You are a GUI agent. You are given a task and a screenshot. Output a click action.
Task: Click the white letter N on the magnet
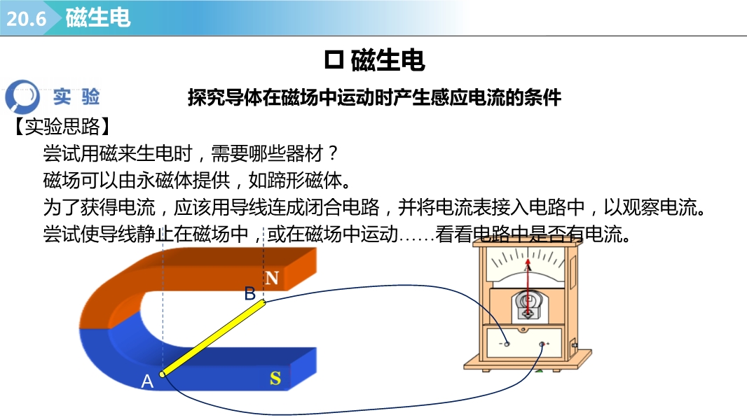[272, 278]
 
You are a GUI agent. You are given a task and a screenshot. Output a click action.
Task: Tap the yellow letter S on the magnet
[275, 379]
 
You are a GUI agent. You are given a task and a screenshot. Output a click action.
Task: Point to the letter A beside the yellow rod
[147, 381]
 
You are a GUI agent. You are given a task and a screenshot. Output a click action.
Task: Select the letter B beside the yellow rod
[249, 293]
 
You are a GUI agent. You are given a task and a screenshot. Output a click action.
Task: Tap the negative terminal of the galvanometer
[507, 344]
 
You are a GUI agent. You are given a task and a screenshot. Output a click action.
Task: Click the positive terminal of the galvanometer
[542, 344]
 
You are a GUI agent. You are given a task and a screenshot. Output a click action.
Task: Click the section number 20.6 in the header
[26, 19]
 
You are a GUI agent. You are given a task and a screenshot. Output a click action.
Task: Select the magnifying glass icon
[22, 97]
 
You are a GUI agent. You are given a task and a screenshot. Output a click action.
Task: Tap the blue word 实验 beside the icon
[76, 97]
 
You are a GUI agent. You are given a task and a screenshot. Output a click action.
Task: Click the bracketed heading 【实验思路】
[62, 127]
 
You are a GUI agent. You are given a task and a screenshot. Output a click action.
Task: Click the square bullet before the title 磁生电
[334, 60]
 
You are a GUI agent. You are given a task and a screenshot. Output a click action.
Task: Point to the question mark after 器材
[333, 153]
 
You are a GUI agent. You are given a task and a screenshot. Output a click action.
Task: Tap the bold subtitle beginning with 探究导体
[374, 97]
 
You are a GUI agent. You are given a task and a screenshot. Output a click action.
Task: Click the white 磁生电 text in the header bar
[98, 18]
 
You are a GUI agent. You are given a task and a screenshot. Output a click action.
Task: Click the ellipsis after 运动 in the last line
[416, 238]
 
